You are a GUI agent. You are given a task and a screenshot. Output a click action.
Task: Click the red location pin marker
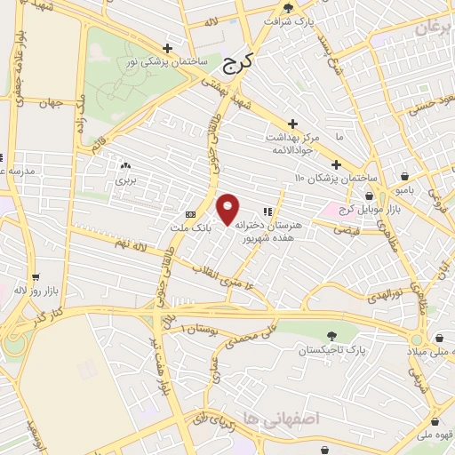[x=228, y=208]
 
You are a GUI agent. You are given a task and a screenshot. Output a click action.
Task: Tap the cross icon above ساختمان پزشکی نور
[x=168, y=48]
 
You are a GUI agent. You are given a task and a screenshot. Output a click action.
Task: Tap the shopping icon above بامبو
[x=405, y=176]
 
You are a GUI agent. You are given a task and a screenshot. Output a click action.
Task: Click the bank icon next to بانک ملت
[x=190, y=215]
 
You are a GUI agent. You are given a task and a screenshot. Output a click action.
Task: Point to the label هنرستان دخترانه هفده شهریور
[x=270, y=232]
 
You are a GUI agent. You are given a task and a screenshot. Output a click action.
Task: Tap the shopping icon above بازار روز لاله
[x=36, y=276]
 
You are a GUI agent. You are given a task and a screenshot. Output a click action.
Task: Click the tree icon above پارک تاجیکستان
[x=332, y=336]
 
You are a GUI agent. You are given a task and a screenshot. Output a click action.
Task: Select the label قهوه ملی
[x=435, y=436]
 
